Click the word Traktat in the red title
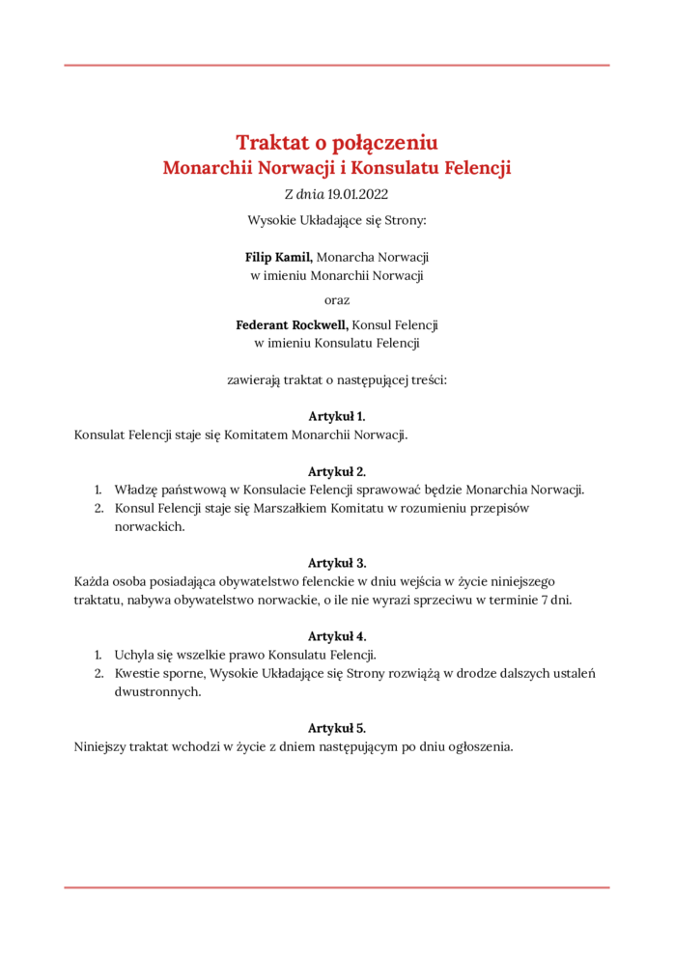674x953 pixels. coord(271,143)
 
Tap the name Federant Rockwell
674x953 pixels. coord(292,324)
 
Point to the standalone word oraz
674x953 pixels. coord(337,299)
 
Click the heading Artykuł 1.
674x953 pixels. coord(337,416)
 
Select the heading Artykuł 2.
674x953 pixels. coord(337,471)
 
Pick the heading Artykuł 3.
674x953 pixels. coord(337,562)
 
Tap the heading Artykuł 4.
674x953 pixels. coord(337,636)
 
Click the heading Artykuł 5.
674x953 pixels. coord(337,728)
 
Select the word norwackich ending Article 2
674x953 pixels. coord(150,526)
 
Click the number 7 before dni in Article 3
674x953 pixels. coord(543,600)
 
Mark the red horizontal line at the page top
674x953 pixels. coord(337,66)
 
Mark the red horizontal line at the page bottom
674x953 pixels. coord(337,886)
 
